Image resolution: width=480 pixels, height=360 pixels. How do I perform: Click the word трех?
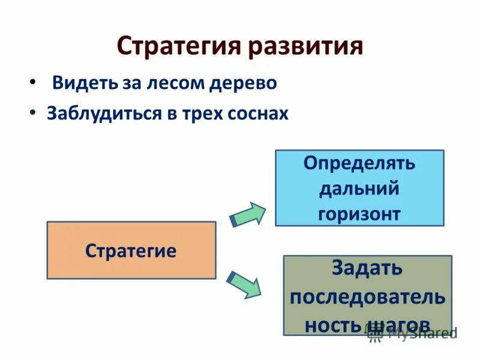point(200,113)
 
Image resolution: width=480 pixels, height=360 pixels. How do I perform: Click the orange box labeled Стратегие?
point(131,250)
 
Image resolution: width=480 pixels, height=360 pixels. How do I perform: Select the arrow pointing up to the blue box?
point(248,214)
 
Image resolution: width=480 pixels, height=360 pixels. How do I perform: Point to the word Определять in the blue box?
point(359,163)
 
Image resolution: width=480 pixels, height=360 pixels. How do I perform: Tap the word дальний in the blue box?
point(359,188)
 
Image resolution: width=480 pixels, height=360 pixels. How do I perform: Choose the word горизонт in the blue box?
point(359,214)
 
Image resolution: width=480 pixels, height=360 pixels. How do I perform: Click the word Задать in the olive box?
point(367,268)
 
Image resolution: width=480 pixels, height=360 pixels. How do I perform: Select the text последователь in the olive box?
point(367,296)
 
